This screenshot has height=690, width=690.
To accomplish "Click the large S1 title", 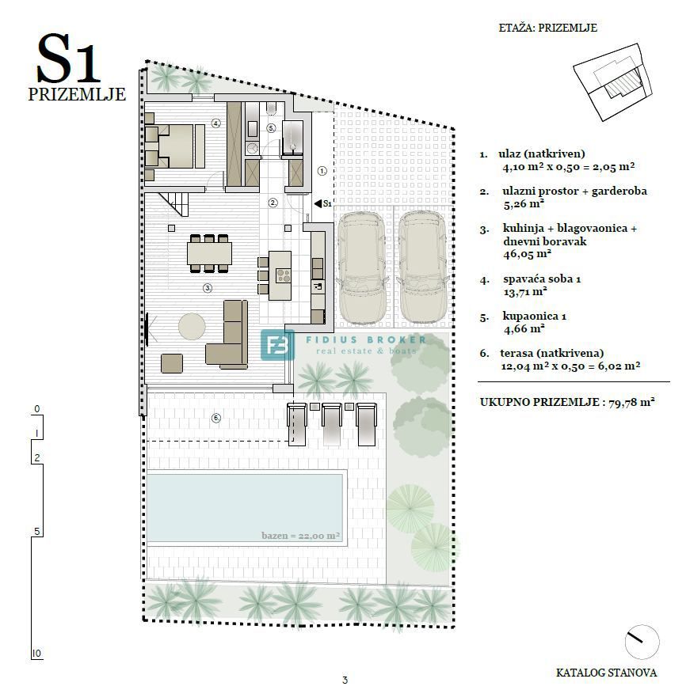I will click(x=69, y=59).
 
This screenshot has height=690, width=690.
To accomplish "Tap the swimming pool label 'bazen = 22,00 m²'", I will click(x=300, y=536).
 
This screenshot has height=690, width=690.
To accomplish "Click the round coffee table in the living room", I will click(x=193, y=325).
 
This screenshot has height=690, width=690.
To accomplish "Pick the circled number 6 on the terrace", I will click(x=215, y=418).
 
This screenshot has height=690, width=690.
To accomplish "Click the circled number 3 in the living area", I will click(x=208, y=288).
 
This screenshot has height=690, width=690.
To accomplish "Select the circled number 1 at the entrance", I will click(x=322, y=170).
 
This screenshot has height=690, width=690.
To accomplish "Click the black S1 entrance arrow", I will click(x=318, y=203).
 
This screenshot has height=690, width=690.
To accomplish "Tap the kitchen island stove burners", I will click(x=283, y=275).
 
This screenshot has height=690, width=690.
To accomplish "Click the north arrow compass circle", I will click(x=641, y=641).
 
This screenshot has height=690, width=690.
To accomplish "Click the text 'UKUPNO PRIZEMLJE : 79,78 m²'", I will click(x=566, y=402).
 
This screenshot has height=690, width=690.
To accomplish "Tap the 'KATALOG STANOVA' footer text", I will click(x=606, y=673).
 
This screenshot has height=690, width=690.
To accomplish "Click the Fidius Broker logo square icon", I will click(x=277, y=345).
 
